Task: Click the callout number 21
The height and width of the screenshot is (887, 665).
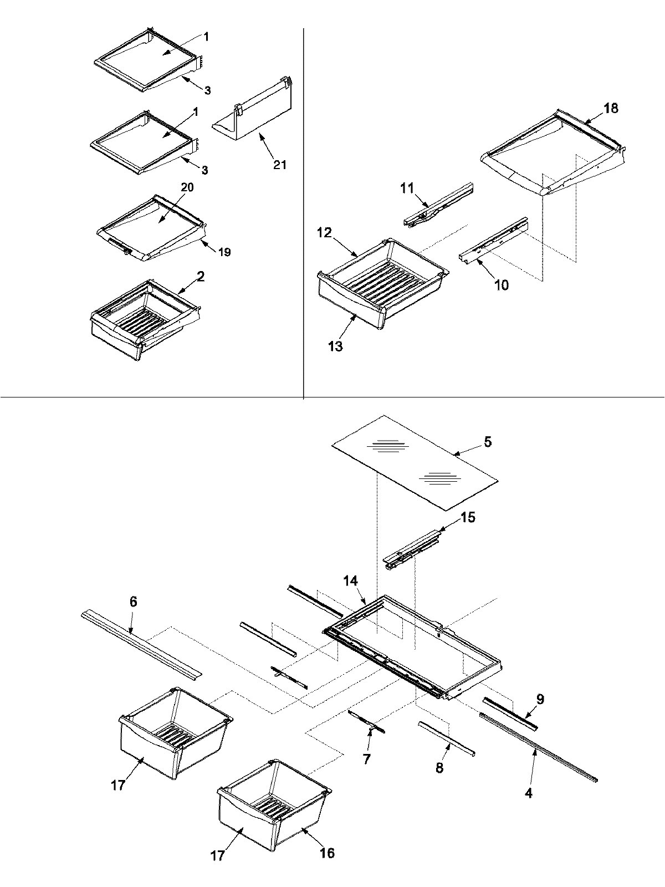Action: coord(279,165)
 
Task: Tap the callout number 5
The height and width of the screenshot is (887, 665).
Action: coord(487,442)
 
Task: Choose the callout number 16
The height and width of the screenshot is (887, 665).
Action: coord(327,852)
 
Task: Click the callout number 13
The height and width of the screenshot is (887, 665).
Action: coord(335,346)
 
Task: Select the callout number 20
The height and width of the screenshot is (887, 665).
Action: coord(187,187)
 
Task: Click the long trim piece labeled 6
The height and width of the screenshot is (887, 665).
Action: coord(141,645)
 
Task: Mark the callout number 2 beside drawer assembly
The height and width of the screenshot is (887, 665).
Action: coord(201,276)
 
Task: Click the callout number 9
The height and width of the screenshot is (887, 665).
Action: coord(540,699)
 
